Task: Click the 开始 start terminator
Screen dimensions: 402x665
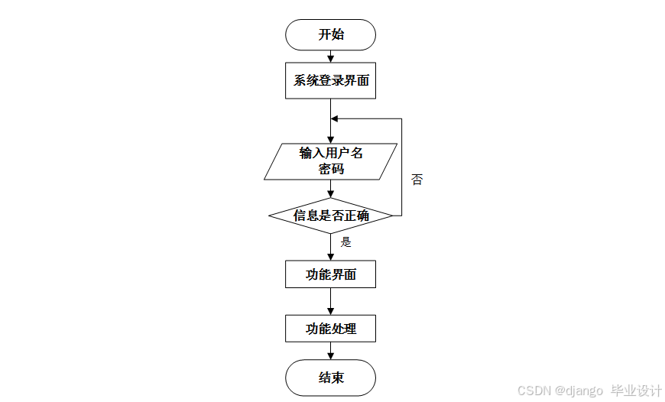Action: coord(330,34)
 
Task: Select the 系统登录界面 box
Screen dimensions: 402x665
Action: coord(330,81)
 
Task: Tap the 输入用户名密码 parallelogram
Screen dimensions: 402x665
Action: coord(330,161)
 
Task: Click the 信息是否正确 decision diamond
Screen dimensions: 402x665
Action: coord(330,216)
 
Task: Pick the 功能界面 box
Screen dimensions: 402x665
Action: coord(330,274)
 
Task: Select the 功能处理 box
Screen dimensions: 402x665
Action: coord(330,329)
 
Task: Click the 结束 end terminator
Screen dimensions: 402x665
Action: coord(330,378)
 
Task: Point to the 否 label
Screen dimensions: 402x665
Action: coord(417,180)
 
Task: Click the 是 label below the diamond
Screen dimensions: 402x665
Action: coord(345,242)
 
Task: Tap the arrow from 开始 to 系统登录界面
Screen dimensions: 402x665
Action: coord(330,56)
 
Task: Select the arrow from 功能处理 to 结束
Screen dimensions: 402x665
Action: coord(330,351)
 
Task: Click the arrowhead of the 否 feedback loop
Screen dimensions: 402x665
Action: coord(335,119)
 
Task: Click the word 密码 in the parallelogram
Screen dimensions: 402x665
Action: coord(331,169)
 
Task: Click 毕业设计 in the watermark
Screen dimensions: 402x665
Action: coord(636,391)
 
